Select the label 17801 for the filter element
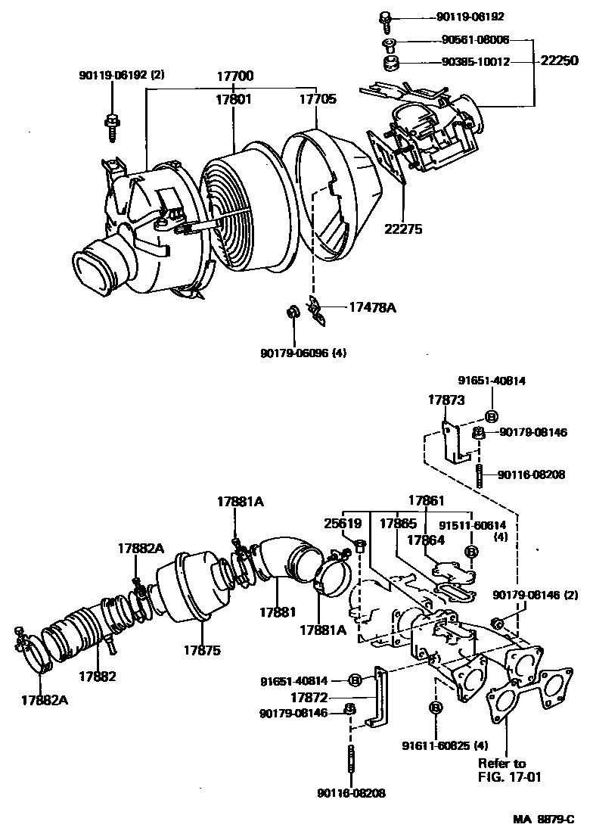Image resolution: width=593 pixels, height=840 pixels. [x=233, y=98]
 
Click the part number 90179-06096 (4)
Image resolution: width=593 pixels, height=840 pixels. [x=303, y=352]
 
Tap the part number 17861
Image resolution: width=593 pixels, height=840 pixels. [x=428, y=500]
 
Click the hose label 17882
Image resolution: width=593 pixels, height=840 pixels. [x=98, y=676]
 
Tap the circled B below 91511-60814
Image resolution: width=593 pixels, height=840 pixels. [x=470, y=552]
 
